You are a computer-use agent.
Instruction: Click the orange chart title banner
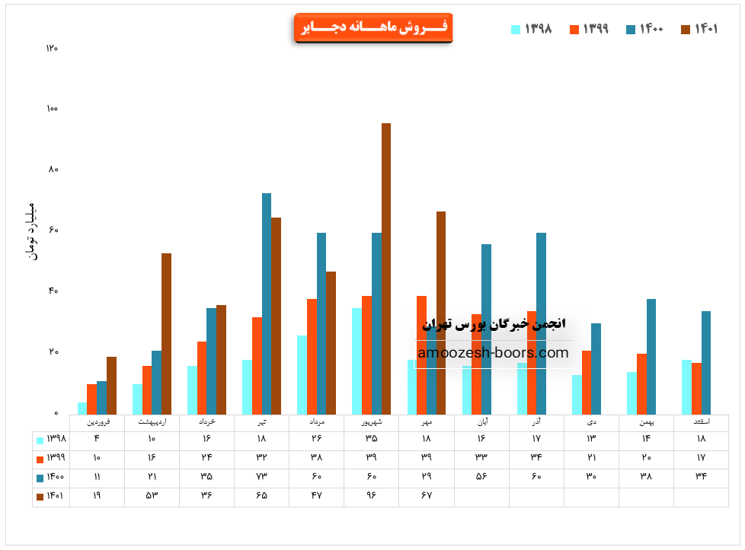coord(373,27)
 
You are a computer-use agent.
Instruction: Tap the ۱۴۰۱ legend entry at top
coord(699,29)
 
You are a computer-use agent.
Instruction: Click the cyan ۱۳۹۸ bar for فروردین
coord(82,408)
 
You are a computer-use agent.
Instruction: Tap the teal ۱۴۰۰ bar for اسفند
coord(706,362)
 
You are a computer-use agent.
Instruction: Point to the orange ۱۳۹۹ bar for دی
coord(587,382)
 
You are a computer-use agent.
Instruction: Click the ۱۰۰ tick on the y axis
coord(52,109)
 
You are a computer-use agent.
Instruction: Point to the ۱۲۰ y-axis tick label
coord(52,48)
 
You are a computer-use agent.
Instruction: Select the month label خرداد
coord(206,421)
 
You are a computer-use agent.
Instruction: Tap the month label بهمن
coord(646,421)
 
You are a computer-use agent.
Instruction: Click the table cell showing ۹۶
coord(371,496)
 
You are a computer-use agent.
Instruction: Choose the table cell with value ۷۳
coord(261,477)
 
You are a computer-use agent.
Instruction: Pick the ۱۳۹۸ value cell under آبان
coord(481,439)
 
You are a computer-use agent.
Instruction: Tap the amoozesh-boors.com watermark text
coord(494,353)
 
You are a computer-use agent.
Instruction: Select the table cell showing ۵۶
coord(481,477)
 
